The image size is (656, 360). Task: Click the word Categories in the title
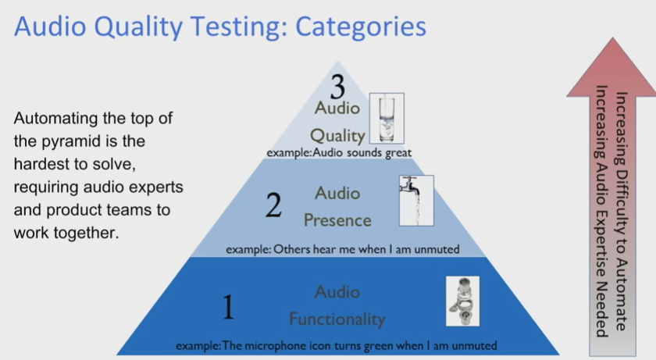coord(361,27)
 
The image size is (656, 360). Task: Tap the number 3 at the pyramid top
coord(337,87)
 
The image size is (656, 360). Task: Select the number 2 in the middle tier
coord(273,205)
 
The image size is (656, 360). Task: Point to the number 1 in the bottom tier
coord(228,306)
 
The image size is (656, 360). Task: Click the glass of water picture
coord(387,119)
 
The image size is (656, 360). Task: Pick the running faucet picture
coord(416,201)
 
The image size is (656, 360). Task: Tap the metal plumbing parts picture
coord(462,301)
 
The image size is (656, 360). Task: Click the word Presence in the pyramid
coord(337,220)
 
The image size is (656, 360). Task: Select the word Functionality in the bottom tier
coord(337,319)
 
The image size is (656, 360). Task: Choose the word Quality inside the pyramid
coord(337,135)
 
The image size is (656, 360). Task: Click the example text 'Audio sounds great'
coord(362,152)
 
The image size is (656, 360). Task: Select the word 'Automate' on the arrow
coord(622,295)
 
